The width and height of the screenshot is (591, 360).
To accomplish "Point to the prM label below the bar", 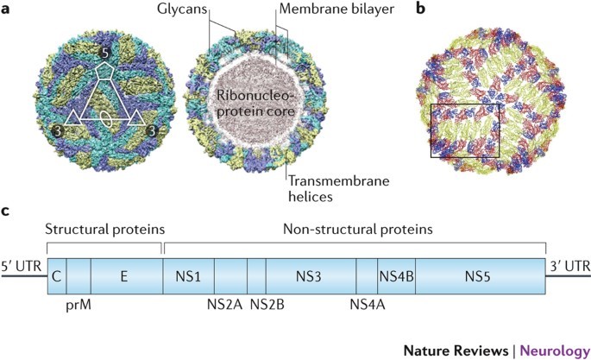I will click(79, 304).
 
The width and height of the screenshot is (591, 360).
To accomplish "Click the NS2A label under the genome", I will click(223, 304).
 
